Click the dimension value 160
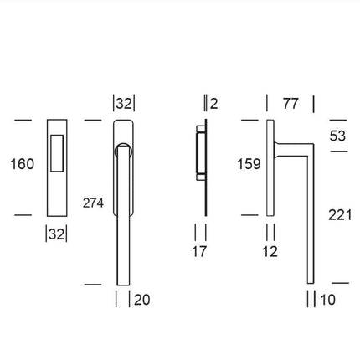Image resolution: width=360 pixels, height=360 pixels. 23,164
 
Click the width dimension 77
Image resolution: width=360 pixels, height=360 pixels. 290,104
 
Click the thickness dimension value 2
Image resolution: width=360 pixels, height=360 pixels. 214,104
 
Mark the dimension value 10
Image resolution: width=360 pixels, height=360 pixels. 327,299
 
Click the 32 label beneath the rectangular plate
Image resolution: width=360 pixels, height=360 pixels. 55,234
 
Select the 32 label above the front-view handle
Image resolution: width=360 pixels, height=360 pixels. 123,104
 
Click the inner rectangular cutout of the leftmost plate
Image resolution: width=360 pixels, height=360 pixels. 56,154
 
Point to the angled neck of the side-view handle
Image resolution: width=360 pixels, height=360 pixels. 293,148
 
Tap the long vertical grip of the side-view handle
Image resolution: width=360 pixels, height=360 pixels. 311,218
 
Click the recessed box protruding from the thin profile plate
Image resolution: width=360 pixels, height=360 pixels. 198,154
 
